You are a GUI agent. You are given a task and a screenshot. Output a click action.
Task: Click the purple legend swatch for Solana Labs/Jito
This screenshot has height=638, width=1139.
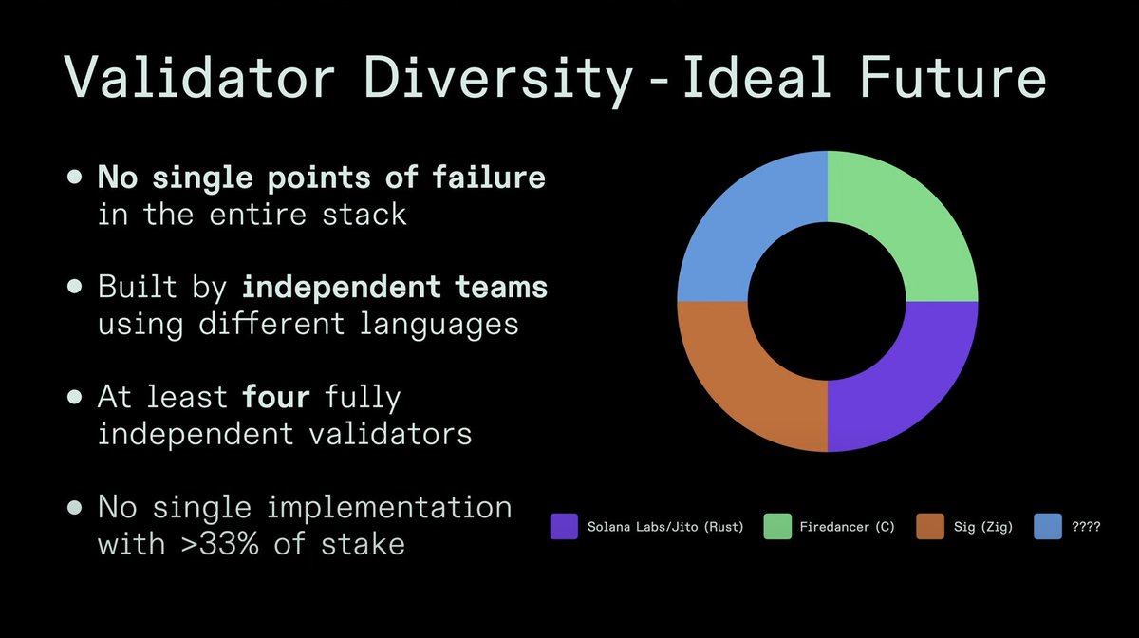(x=564, y=526)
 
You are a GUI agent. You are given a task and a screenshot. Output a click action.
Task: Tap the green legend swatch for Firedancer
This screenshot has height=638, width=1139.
(x=777, y=526)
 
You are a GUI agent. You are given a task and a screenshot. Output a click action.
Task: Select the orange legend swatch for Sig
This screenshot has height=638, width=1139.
(x=931, y=526)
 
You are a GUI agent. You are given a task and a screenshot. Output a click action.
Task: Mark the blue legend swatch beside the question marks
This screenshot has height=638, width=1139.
(x=1048, y=526)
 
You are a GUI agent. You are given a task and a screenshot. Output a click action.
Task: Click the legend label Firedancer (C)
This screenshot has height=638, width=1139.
(x=847, y=526)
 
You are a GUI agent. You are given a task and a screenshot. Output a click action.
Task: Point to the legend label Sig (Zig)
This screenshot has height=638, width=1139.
(x=982, y=526)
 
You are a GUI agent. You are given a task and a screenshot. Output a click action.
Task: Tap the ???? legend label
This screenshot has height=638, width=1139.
(x=1085, y=526)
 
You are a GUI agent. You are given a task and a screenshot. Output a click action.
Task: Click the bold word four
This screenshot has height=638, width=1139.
(x=276, y=396)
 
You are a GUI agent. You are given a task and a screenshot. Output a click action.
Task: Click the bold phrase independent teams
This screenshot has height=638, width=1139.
(x=394, y=286)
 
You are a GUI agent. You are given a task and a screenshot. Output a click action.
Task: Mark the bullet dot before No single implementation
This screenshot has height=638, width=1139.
(x=74, y=508)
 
